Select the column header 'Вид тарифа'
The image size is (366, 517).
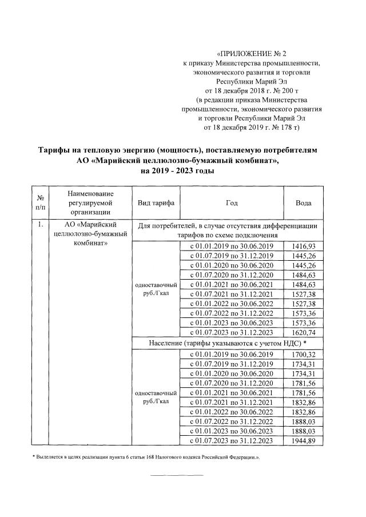(x=156, y=203)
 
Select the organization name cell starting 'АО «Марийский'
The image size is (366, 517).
(x=91, y=234)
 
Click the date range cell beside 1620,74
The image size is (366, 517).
(x=232, y=331)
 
